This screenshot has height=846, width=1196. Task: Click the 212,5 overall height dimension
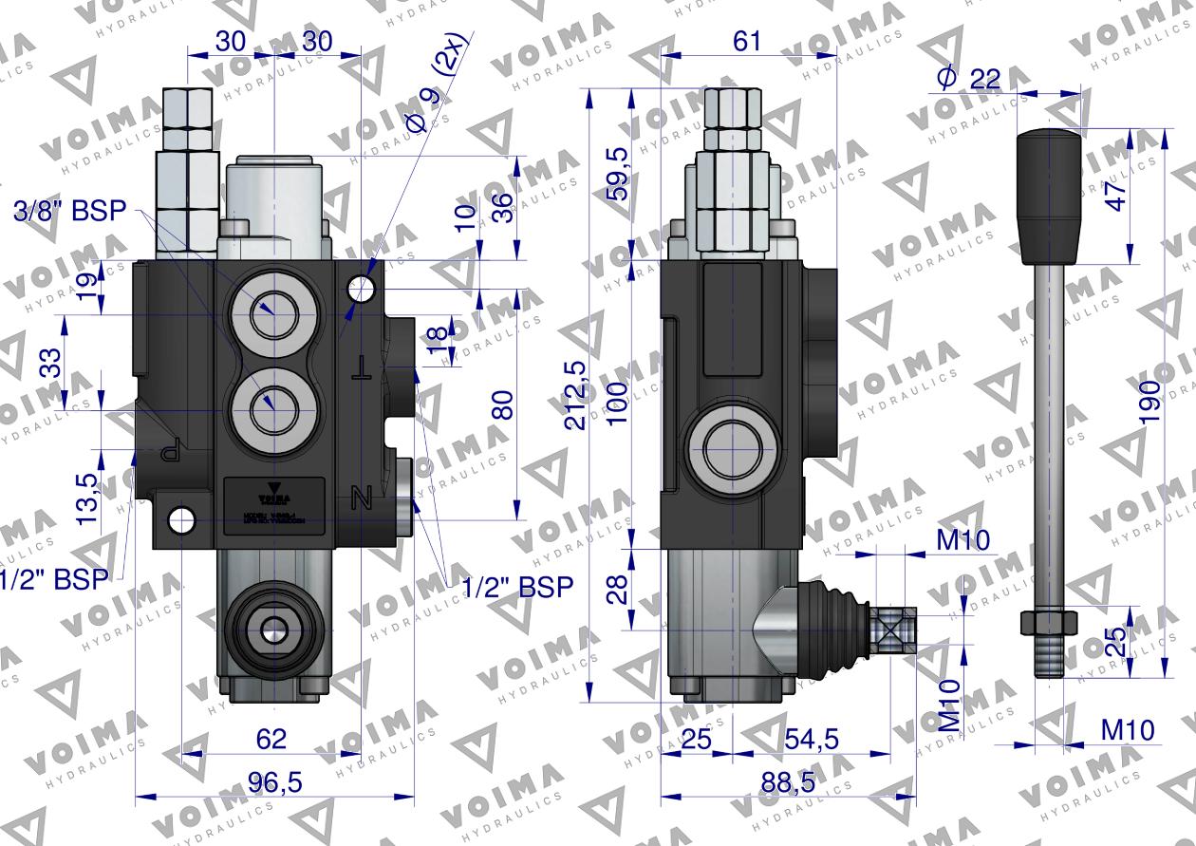576,395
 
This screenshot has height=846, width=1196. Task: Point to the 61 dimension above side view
748,40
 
